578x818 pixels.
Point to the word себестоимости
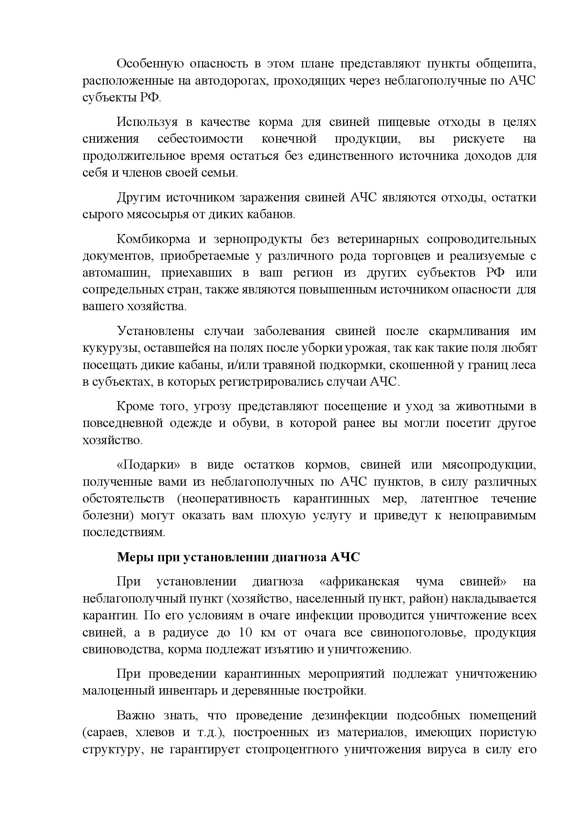point(200,138)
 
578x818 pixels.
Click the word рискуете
point(479,138)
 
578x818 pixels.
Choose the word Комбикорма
point(153,239)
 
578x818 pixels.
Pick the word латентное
point(449,499)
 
